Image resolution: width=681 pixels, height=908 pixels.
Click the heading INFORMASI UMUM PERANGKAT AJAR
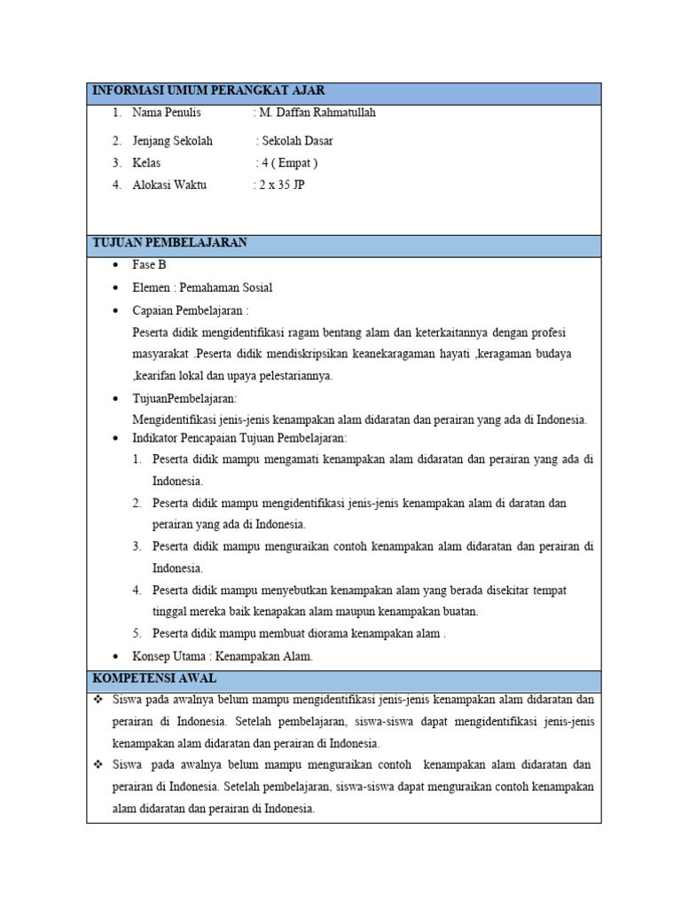tap(208, 90)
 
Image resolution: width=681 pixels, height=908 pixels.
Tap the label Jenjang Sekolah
tap(172, 141)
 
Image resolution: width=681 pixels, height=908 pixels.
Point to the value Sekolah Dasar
tap(297, 141)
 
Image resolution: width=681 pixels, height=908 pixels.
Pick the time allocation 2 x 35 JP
tap(281, 185)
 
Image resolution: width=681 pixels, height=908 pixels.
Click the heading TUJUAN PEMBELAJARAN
tap(170, 243)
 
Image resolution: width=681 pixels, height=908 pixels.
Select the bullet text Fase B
tap(149, 265)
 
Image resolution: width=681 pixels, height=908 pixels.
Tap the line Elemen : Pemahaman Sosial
tap(202, 287)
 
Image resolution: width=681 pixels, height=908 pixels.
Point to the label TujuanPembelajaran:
tap(184, 398)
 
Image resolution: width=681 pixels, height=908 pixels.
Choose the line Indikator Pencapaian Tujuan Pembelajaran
tap(239, 438)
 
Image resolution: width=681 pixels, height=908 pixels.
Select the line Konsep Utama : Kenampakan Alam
tap(223, 656)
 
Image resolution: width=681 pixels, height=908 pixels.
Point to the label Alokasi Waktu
tap(169, 185)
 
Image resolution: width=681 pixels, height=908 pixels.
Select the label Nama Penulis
tap(167, 113)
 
